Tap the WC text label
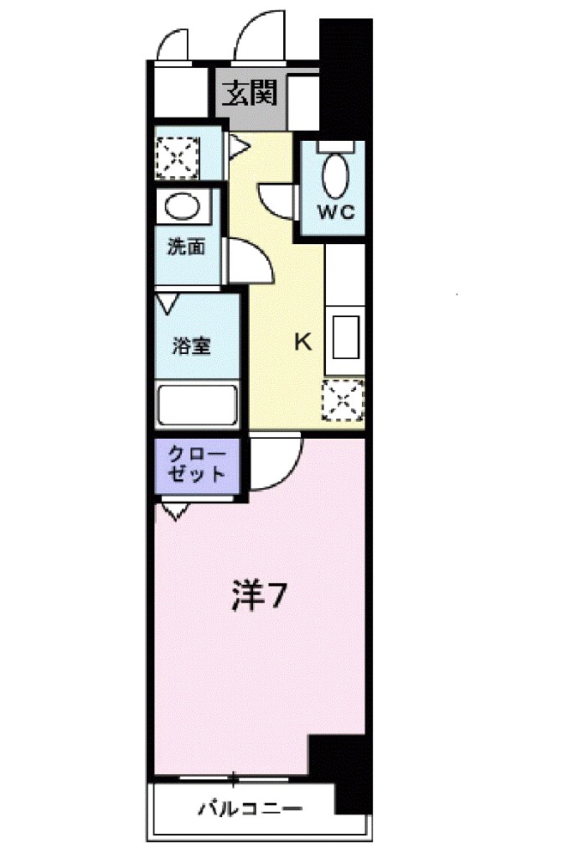(x=337, y=211)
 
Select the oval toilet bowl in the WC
(x=337, y=175)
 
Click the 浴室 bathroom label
(x=192, y=345)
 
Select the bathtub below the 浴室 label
(x=198, y=407)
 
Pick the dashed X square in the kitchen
(x=343, y=399)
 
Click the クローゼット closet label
(x=198, y=465)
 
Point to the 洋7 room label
(x=261, y=596)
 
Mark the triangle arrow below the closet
(x=175, y=510)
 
